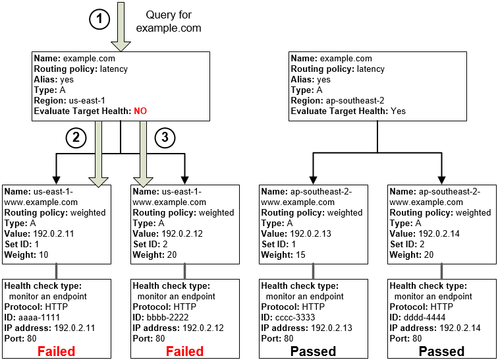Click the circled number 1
coord(99,20)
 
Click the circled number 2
coord(76,138)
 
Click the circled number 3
coord(164,138)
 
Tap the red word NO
coord(140,111)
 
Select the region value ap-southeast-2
coord(356,101)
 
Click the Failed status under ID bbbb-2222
coord(184,351)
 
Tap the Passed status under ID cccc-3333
coord(313,351)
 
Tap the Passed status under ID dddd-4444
coord(441,351)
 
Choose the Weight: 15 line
coord(285,255)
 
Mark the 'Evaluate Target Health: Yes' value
coord(398,111)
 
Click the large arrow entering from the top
coord(121,26)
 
